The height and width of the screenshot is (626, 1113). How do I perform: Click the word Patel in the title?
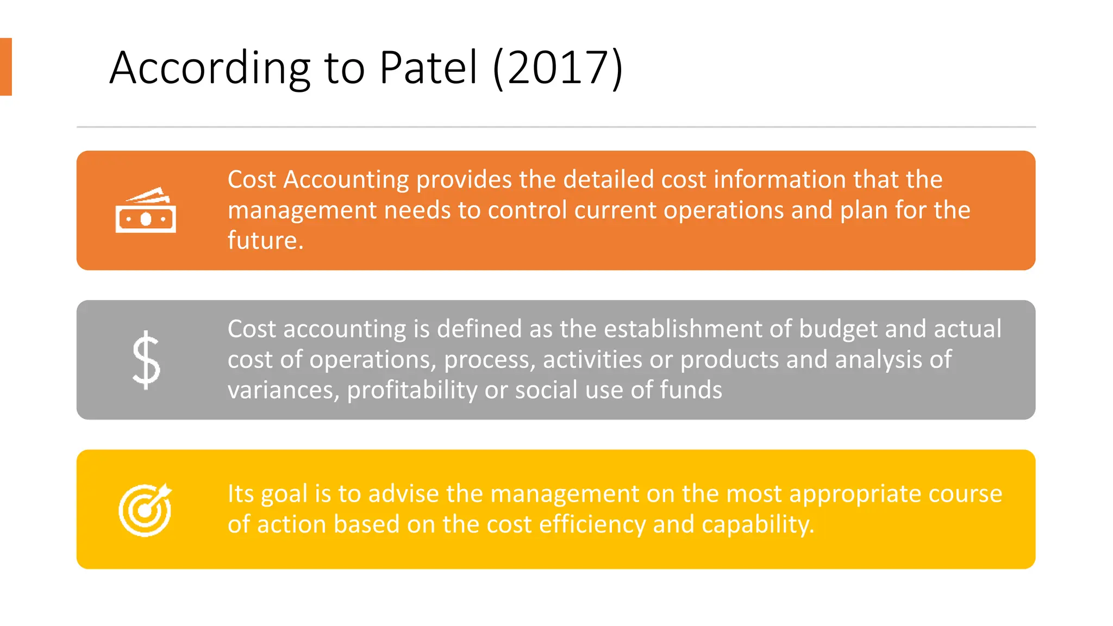[x=428, y=67]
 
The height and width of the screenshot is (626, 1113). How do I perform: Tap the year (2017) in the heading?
[x=558, y=67]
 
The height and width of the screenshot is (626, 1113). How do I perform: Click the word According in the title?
[x=210, y=68]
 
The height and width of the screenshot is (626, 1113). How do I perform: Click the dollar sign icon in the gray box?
[x=146, y=360]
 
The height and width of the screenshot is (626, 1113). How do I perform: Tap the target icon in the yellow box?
[x=145, y=509]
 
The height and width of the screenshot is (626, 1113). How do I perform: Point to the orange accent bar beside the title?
[x=5, y=67]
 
